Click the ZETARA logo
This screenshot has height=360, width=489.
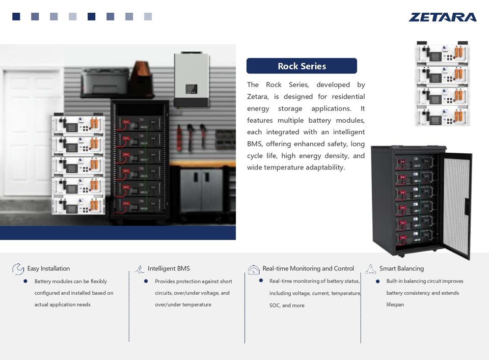(x=442, y=17)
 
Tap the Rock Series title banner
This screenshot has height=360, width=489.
(x=302, y=66)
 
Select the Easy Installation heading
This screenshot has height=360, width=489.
(x=48, y=268)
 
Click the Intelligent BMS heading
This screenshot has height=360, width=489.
(x=169, y=268)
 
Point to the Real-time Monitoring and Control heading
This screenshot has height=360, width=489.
(x=308, y=268)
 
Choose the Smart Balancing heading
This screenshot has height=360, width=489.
(x=401, y=268)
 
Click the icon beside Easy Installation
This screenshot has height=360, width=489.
(x=18, y=268)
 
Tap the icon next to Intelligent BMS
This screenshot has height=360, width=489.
(x=139, y=269)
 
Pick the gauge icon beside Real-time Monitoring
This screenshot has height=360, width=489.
(x=254, y=269)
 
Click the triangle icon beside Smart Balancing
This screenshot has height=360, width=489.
(x=370, y=268)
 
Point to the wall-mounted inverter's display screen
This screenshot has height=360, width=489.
(x=191, y=90)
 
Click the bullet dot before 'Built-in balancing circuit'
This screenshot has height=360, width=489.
(x=377, y=281)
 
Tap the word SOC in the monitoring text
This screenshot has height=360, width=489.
(x=275, y=306)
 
